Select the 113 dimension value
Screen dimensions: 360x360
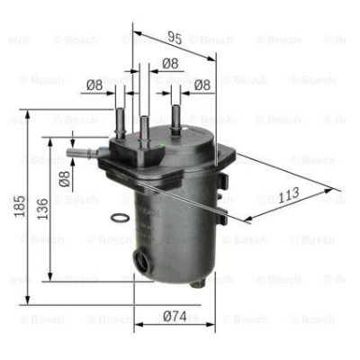pos(289,195)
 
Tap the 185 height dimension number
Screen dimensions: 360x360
pos(20,206)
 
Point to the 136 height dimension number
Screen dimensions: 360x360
pos(42,209)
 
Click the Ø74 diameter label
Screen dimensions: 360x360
pos(175,316)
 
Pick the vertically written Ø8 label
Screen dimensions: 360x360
pos(64,179)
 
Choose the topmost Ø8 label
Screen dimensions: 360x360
pos(170,63)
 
